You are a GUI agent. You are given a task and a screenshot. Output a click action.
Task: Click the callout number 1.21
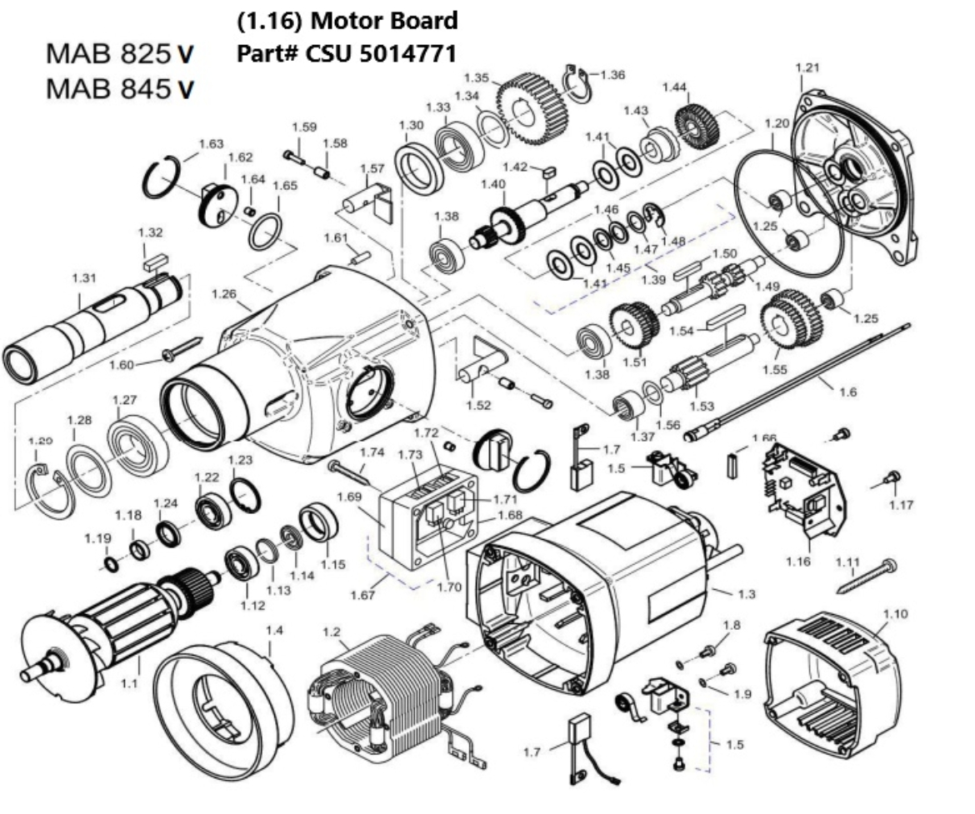[807, 66]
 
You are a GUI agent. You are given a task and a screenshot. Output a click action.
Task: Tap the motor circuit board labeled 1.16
[800, 492]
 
